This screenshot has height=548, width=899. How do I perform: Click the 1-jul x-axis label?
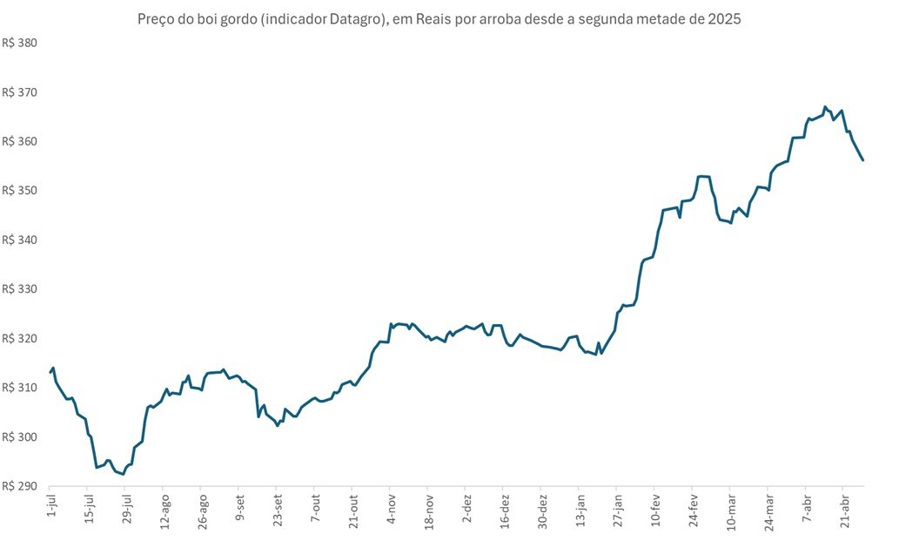click(x=50, y=508)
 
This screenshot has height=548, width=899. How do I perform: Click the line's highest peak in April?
click(x=825, y=107)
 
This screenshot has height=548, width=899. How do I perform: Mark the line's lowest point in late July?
click(x=123, y=475)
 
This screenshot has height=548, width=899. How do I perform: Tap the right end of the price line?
click(x=862, y=160)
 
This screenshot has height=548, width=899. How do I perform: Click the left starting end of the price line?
click(x=50, y=372)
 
